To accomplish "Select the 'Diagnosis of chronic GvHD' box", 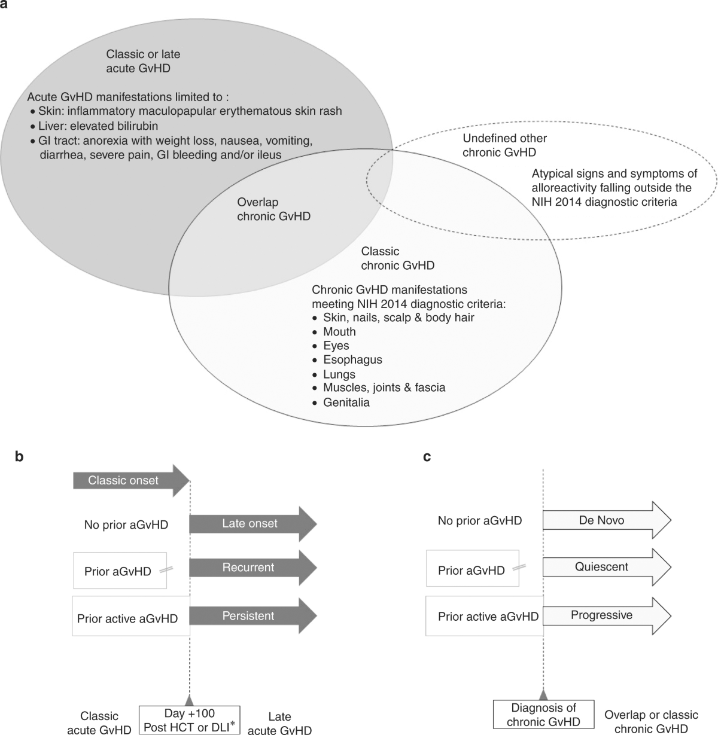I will [543, 715].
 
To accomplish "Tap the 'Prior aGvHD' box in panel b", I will [118, 571].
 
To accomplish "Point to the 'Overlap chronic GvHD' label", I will [273, 209].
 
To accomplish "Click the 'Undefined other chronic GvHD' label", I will [504, 145].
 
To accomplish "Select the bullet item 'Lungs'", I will [339, 374].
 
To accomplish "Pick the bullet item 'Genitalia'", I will [346, 402].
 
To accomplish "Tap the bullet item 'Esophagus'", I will [352, 360].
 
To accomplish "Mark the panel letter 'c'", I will [427, 457].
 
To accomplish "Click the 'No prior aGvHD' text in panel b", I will [126, 525].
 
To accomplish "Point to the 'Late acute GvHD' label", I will [279, 723].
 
